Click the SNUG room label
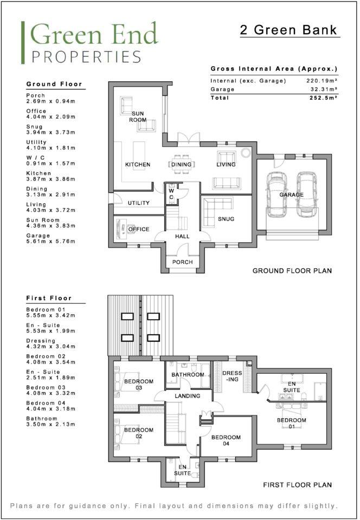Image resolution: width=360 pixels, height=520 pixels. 227,219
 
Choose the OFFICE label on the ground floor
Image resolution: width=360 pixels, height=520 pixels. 138,230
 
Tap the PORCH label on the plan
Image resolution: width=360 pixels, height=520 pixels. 183,262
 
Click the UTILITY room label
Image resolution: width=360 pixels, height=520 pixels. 138,203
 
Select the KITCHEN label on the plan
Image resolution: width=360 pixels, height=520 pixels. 138,165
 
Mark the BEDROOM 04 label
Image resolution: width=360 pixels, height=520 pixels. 226,440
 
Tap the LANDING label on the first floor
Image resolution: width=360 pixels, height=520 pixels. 187,396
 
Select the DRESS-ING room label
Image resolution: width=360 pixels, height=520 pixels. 232,377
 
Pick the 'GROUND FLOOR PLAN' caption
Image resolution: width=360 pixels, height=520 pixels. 292,270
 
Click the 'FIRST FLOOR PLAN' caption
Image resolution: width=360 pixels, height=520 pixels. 297,485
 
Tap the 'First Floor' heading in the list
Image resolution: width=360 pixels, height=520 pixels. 49,298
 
